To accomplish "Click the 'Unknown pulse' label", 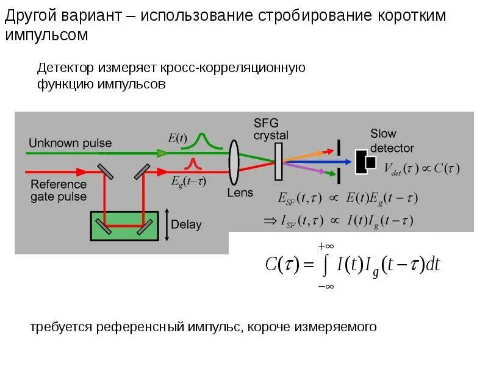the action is [x=70, y=143].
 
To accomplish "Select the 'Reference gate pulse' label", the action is [x=59, y=190].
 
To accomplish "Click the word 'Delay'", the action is [x=186, y=224].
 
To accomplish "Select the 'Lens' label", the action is [x=240, y=193].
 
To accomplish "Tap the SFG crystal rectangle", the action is [x=279, y=162].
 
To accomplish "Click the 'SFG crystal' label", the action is [x=271, y=129].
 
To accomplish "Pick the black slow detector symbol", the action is [x=367, y=161].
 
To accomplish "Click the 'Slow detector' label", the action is [x=392, y=141].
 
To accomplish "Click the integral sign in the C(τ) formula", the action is [x=325, y=264].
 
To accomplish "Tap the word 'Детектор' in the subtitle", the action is [x=65, y=68].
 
